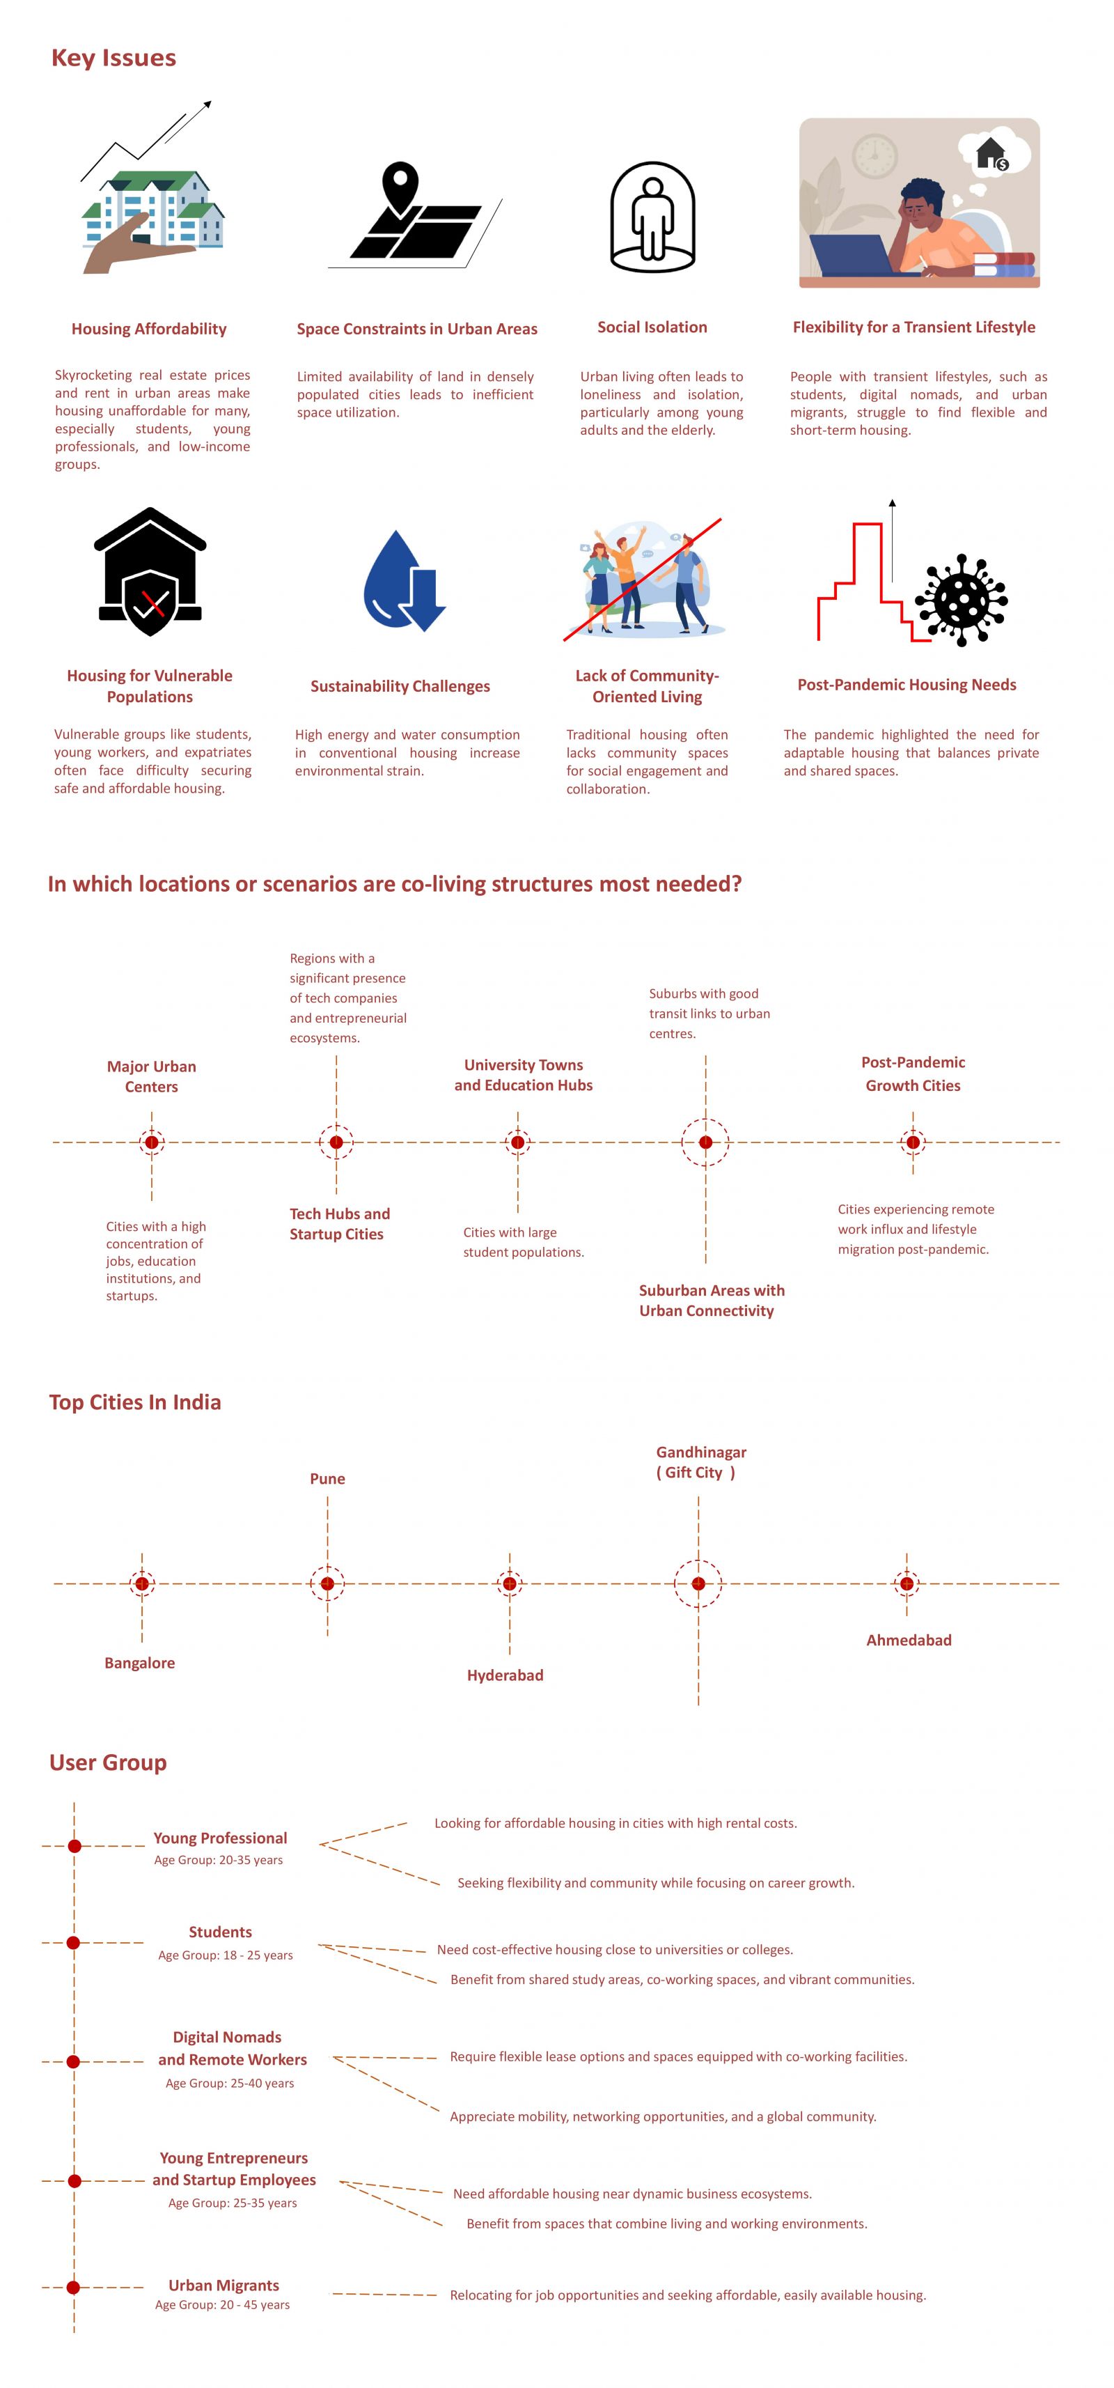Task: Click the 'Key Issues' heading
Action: coord(113,58)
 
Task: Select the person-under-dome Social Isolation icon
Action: coord(652,217)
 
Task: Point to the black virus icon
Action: coord(960,600)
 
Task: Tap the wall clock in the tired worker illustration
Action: coord(874,156)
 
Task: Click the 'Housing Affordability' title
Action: coord(149,329)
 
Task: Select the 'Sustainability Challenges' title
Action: coord(400,686)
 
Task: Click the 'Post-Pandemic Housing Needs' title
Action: coord(907,685)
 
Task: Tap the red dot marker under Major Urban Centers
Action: coord(152,1142)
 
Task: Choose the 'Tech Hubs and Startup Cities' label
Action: coord(339,1224)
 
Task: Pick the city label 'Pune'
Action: coord(327,1479)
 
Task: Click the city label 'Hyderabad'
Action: coord(505,1675)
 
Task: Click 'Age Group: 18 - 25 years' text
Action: coord(225,1955)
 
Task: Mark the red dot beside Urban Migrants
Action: coord(73,2287)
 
